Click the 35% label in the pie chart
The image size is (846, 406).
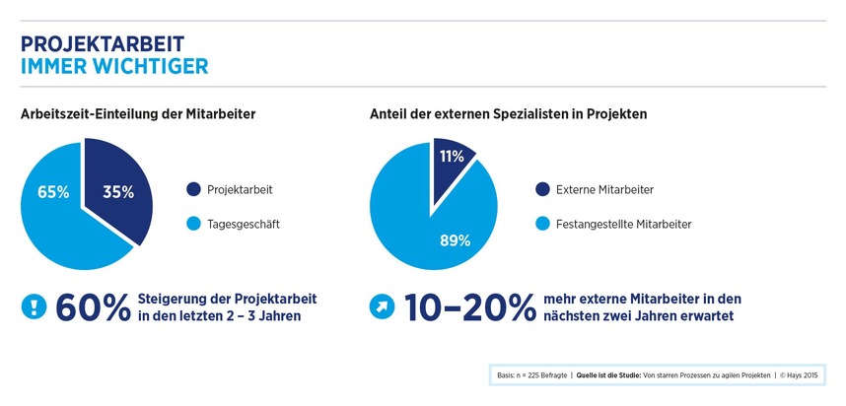pos(118,192)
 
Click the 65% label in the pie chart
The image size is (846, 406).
pos(53,192)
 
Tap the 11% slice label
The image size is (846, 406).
pos(452,157)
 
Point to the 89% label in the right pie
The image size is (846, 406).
pos(455,240)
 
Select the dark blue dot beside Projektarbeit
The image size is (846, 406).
pos(193,190)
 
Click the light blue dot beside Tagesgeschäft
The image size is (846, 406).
pos(193,224)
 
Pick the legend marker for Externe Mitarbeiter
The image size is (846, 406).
pos(542,190)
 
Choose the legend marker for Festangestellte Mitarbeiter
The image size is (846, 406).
pos(542,224)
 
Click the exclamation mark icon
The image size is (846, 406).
pos(34,306)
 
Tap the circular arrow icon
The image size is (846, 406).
pos(382,306)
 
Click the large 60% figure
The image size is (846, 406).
pos(93,307)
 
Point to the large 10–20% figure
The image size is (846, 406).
pos(470,307)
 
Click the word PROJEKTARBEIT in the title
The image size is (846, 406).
pos(103,44)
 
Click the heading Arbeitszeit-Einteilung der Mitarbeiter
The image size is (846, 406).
pos(138,115)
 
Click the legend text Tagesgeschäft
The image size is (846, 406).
pos(244,225)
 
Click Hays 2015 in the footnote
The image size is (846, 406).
pos(803,375)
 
